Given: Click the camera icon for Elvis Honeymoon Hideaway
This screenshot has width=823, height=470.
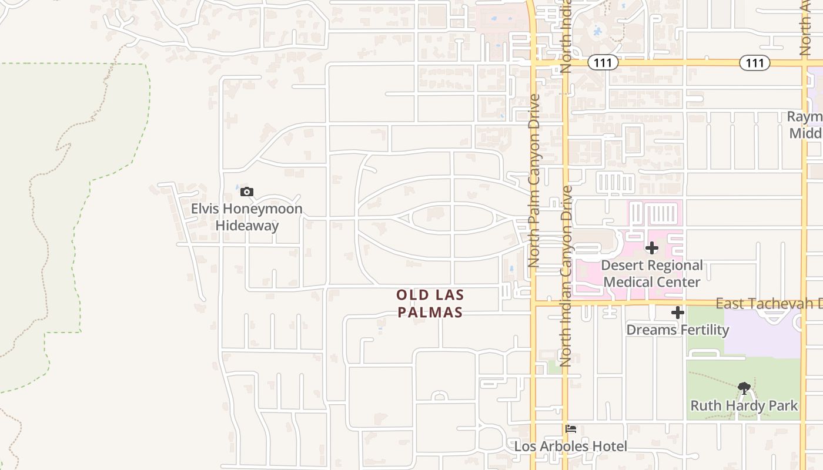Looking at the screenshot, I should [247, 192].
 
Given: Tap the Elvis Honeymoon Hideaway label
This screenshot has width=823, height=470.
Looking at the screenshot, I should [247, 217].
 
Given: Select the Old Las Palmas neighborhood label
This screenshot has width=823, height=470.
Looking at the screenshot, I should [430, 303].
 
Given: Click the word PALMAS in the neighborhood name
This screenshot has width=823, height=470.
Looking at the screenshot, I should [430, 312].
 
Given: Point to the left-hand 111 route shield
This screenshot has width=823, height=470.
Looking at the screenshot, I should [604, 63].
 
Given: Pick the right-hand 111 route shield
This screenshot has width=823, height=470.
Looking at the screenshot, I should [754, 63].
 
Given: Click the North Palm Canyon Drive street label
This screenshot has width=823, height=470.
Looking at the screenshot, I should [534, 181].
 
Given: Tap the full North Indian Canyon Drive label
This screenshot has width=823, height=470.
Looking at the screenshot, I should [566, 276].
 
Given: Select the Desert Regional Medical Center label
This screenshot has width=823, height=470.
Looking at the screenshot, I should [651, 274].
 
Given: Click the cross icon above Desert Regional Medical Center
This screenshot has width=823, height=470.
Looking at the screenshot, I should [651, 248].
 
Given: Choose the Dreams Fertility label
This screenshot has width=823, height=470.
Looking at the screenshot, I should [677, 330].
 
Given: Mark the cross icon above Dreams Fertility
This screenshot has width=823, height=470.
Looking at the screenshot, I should [677, 313].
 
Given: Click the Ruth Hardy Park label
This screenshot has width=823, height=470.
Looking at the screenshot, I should [744, 405].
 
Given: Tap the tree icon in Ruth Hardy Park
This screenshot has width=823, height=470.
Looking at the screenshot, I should [744, 388].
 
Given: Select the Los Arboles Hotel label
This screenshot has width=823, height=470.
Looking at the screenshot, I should [570, 446].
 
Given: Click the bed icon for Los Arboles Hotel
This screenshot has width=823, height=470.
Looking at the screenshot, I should [570, 429].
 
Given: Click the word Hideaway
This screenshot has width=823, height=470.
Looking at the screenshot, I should [247, 226].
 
